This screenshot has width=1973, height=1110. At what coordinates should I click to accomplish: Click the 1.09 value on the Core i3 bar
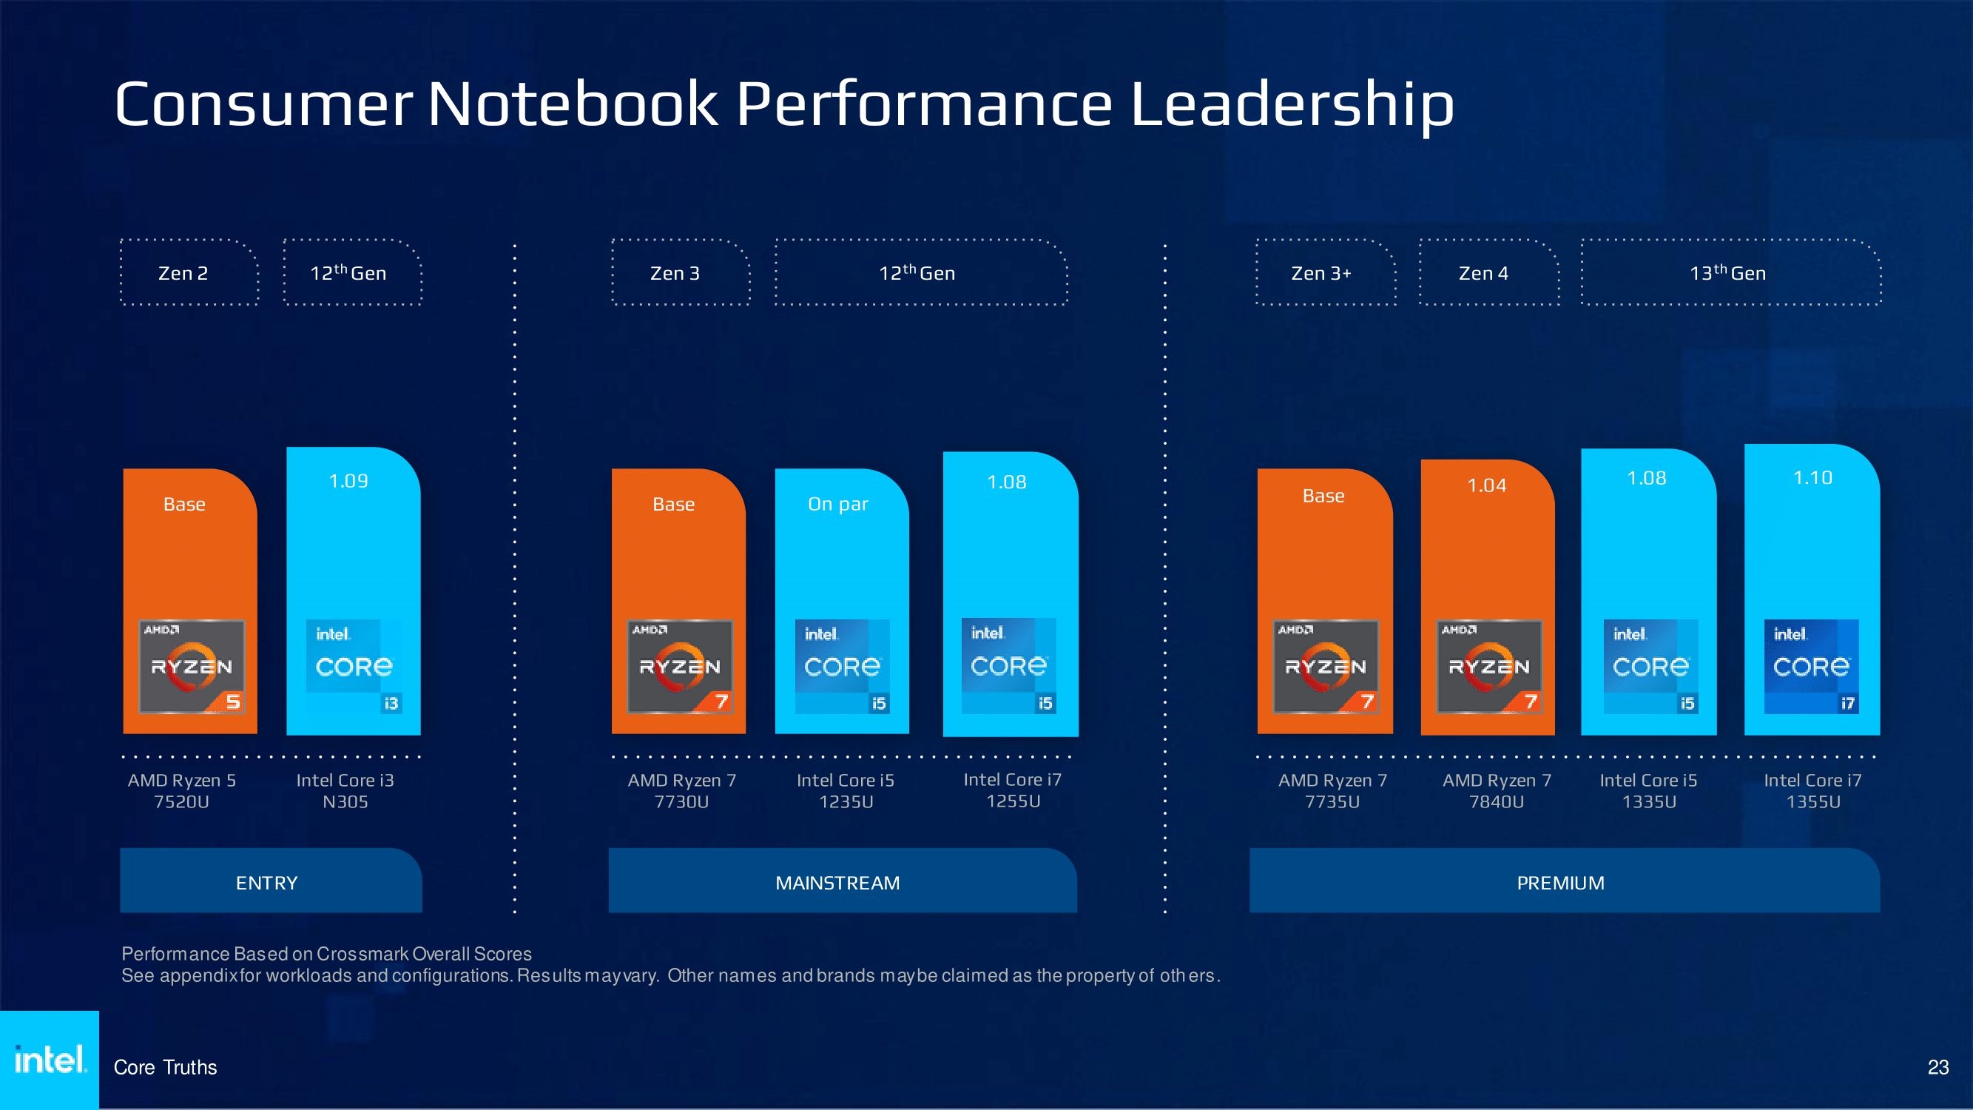348,481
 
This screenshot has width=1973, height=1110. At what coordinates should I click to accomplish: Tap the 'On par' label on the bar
838,504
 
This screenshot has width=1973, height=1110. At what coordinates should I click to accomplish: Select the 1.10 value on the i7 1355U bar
1813,478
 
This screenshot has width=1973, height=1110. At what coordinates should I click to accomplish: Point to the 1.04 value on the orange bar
1487,485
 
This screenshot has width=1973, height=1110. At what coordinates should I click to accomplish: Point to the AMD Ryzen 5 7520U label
182,790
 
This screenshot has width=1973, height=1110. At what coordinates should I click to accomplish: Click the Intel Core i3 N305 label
345,790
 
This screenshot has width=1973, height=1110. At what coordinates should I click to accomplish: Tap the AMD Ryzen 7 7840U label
1497,790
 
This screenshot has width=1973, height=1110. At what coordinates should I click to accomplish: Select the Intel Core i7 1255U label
1013,790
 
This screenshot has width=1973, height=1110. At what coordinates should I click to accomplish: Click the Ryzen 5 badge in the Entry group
192,667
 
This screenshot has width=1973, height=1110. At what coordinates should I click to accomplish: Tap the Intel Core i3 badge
354,667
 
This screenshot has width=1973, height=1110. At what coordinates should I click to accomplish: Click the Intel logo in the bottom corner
49,1060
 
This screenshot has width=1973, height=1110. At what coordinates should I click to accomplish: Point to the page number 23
1937,1067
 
